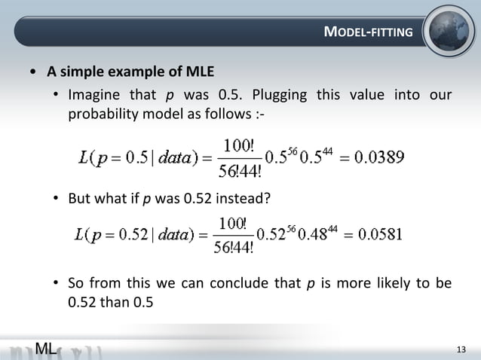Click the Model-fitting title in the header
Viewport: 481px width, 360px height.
(x=368, y=32)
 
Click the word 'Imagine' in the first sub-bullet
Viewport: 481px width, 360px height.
(x=93, y=96)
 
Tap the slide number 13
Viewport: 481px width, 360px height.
(x=462, y=348)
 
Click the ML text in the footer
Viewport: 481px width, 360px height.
(x=45, y=347)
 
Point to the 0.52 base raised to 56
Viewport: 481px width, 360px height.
(x=268, y=234)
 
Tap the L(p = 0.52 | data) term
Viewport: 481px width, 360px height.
(x=133, y=234)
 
